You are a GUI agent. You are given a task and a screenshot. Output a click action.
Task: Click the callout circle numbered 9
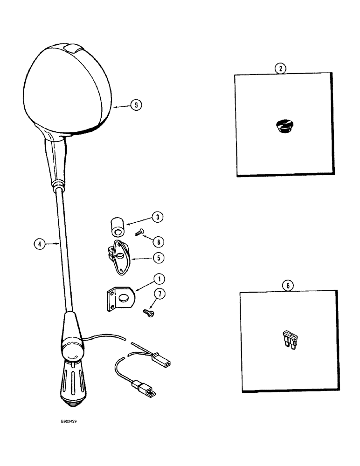point(135,105)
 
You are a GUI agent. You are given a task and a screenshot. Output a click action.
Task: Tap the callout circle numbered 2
point(280,69)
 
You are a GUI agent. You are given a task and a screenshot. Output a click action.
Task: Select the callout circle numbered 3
point(158,217)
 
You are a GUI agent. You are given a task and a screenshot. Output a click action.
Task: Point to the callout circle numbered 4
point(40,243)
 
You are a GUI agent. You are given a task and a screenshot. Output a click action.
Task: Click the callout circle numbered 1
point(159,280)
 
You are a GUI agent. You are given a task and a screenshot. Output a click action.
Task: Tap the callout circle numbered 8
point(161,241)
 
